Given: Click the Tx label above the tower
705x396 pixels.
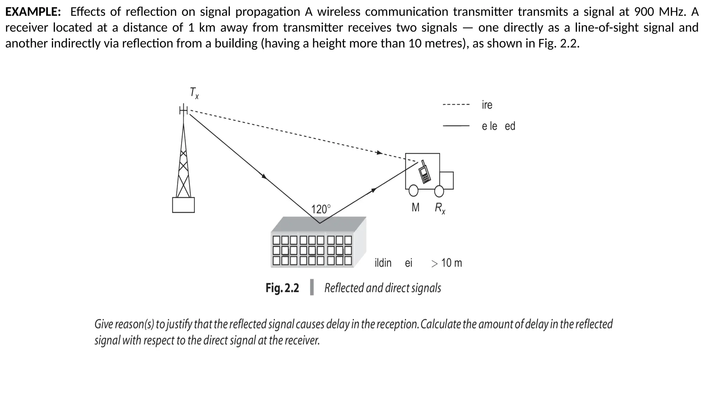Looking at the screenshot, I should click(x=194, y=93).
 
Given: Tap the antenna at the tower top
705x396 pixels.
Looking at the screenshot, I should click(x=184, y=110).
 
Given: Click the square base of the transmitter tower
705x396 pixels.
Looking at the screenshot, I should click(x=183, y=205).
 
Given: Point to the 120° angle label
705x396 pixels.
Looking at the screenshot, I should click(x=320, y=209).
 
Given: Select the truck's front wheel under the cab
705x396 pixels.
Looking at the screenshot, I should click(x=439, y=191).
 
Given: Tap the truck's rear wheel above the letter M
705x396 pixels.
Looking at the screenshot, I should click(x=413, y=190).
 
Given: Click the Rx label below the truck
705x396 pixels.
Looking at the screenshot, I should click(x=440, y=208).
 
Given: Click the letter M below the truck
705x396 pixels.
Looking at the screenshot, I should click(x=415, y=207).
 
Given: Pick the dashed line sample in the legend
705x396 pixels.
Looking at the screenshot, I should click(x=456, y=104).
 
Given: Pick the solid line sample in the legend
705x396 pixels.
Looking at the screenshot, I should click(x=456, y=126).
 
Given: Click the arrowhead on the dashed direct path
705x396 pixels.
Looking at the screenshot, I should click(x=379, y=153).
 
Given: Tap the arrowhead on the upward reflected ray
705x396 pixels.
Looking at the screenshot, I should click(x=373, y=190).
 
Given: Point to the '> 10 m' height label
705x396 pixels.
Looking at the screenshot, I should click(x=446, y=263).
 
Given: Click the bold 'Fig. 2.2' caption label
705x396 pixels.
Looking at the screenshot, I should click(x=282, y=288).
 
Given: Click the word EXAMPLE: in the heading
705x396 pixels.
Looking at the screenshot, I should click(x=33, y=12).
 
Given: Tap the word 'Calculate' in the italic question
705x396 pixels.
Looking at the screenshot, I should click(x=441, y=324).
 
